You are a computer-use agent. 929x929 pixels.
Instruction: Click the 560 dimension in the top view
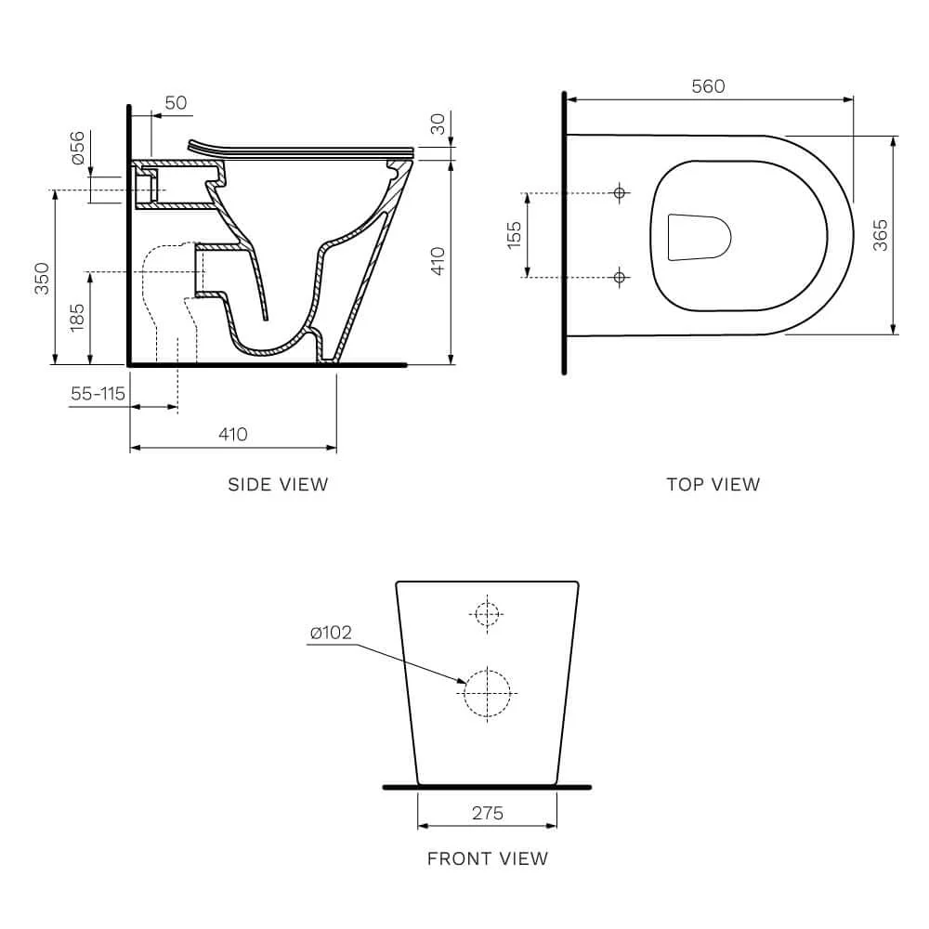point(708,86)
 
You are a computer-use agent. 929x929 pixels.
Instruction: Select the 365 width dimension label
point(881,235)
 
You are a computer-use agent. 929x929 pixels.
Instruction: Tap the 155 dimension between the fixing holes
point(514,235)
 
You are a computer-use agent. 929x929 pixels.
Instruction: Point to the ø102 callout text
point(332,633)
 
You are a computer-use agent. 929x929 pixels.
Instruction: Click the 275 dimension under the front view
point(488,813)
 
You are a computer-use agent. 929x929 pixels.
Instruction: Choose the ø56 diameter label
point(78,148)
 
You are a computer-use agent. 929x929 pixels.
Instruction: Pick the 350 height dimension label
point(42,279)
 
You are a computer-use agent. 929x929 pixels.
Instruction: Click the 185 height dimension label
point(77,317)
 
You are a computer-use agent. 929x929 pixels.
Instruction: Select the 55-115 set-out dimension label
point(98,393)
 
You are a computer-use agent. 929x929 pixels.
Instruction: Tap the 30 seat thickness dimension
point(437,124)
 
